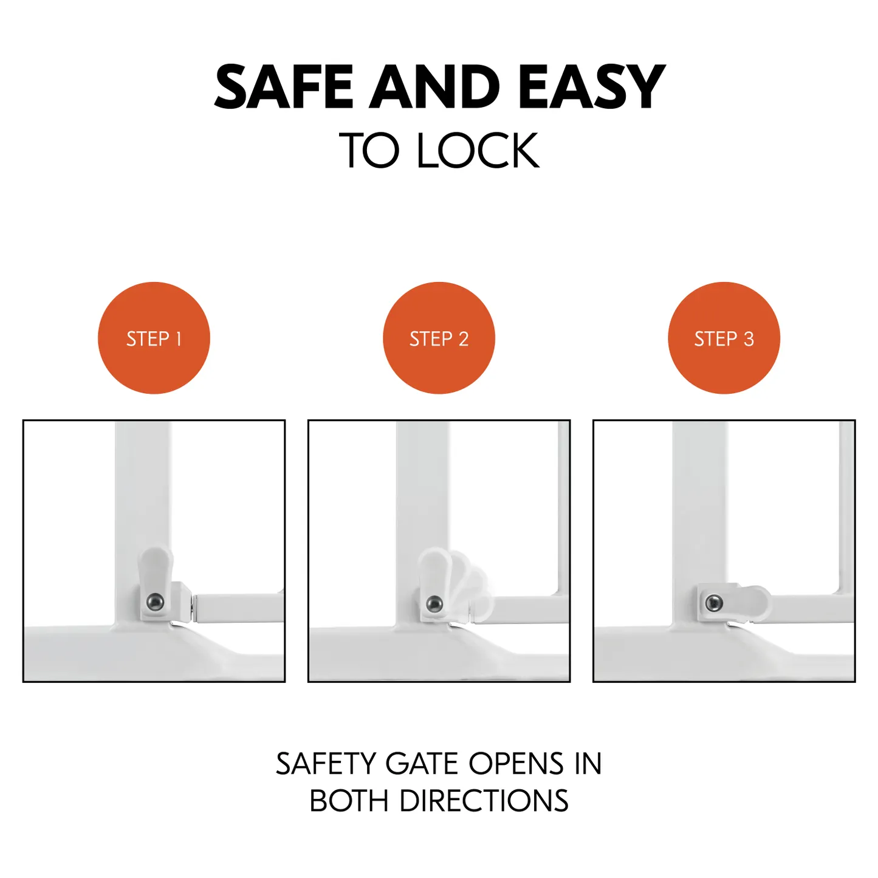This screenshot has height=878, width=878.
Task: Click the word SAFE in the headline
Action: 283,86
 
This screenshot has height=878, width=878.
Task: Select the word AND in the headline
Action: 434,86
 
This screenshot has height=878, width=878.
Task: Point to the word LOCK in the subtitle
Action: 478,150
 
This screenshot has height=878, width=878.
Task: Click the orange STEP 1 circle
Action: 154,338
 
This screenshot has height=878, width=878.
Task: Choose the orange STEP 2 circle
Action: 439,338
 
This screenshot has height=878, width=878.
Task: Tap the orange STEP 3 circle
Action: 724,338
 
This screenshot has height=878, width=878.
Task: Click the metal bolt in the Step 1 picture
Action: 156,602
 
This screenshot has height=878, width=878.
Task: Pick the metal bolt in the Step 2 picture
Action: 434,604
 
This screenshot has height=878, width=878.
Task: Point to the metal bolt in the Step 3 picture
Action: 713,603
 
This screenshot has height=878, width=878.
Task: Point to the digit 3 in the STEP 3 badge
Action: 749,339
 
